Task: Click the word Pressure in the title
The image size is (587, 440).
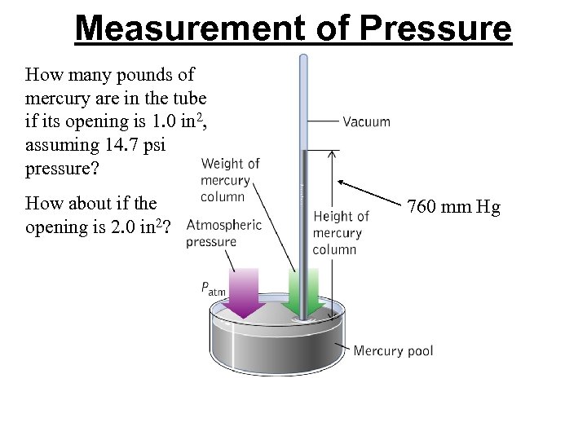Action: [x=435, y=29]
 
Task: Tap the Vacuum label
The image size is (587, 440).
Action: [x=366, y=122]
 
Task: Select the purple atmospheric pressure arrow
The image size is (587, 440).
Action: [x=241, y=292]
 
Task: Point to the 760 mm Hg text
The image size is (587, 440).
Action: [x=454, y=207]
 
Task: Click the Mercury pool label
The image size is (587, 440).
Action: [x=393, y=351]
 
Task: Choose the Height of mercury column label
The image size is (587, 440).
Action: [x=341, y=232]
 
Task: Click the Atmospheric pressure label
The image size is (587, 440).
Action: [x=223, y=233]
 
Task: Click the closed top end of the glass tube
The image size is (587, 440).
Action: [x=303, y=58]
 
